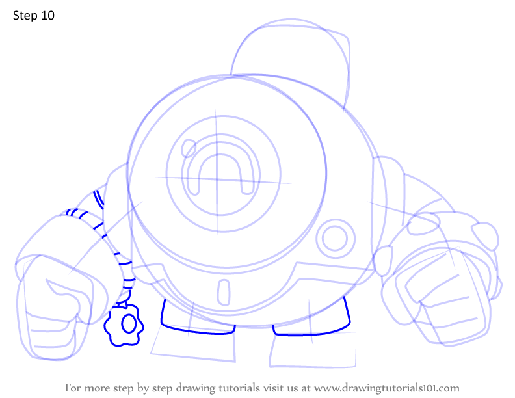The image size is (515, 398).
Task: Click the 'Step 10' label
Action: click(x=34, y=16)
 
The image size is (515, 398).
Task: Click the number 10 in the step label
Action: click(x=47, y=16)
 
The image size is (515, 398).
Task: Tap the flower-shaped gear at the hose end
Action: click(x=124, y=325)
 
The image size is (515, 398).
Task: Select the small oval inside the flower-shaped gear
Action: click(x=129, y=324)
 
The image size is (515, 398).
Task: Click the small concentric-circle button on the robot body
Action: click(x=336, y=239)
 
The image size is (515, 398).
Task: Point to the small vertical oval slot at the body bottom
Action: click(x=224, y=292)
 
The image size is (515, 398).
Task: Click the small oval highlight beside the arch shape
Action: click(x=189, y=148)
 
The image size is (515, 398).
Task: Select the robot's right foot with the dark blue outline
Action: click(x=311, y=334)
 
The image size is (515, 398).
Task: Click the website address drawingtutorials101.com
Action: click(x=387, y=388)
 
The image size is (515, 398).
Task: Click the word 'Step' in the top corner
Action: click(x=25, y=16)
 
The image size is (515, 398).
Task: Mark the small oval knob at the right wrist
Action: click(x=383, y=261)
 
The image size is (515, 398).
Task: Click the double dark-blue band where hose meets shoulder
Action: click(x=99, y=199)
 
